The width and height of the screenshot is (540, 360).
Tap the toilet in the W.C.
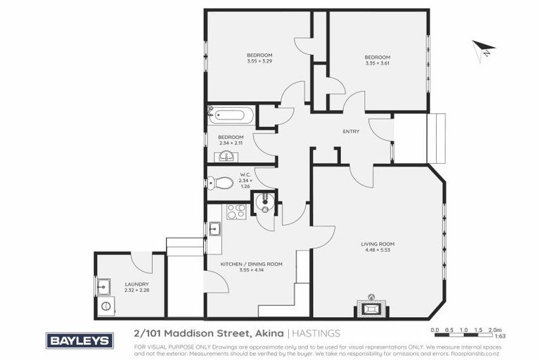pyautogui.click(x=222, y=183)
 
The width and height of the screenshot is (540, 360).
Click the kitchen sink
pyautogui.click(x=215, y=228)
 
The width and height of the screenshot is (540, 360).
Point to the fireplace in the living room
pyautogui.click(x=371, y=307)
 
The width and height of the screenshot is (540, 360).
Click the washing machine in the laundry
pyautogui.click(x=106, y=306)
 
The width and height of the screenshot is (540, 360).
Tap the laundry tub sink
pyautogui.click(x=104, y=285)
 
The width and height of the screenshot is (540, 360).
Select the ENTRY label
pyautogui.click(x=351, y=131)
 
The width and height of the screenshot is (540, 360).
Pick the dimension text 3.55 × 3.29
pyautogui.click(x=259, y=61)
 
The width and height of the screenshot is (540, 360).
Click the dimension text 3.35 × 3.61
pyautogui.click(x=377, y=63)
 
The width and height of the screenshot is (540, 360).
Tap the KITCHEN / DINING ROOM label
pyautogui.click(x=251, y=264)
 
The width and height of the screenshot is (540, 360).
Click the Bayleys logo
pyautogui.click(x=79, y=340)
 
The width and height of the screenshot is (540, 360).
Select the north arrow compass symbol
pyautogui.click(x=483, y=51)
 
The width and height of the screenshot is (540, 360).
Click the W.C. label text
pyautogui.click(x=245, y=174)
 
